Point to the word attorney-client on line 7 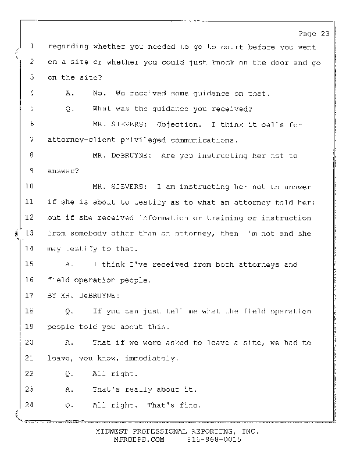pos(80,140)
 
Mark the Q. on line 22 pos(70,374)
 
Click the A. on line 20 pos(70,342)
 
